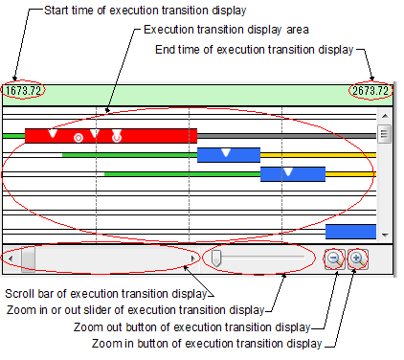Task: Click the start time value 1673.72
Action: point(23,91)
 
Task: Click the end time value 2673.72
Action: point(370,91)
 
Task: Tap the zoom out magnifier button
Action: point(335,259)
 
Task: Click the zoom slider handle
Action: point(216,258)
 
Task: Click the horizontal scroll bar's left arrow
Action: point(11,259)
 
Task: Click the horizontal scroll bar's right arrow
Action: point(192,259)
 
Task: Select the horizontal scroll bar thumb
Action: point(28,259)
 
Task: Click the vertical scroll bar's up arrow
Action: point(385,116)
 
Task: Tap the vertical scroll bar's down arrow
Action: point(385,236)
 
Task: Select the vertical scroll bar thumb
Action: point(384,134)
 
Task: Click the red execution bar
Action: point(111,136)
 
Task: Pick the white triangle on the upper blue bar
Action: point(226,152)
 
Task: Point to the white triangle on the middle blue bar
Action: point(288,171)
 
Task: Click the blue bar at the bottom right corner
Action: point(350,232)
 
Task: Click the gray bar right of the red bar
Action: point(286,136)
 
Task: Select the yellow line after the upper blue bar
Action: point(318,155)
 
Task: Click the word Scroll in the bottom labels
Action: point(19,294)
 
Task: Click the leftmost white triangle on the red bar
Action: point(53,133)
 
